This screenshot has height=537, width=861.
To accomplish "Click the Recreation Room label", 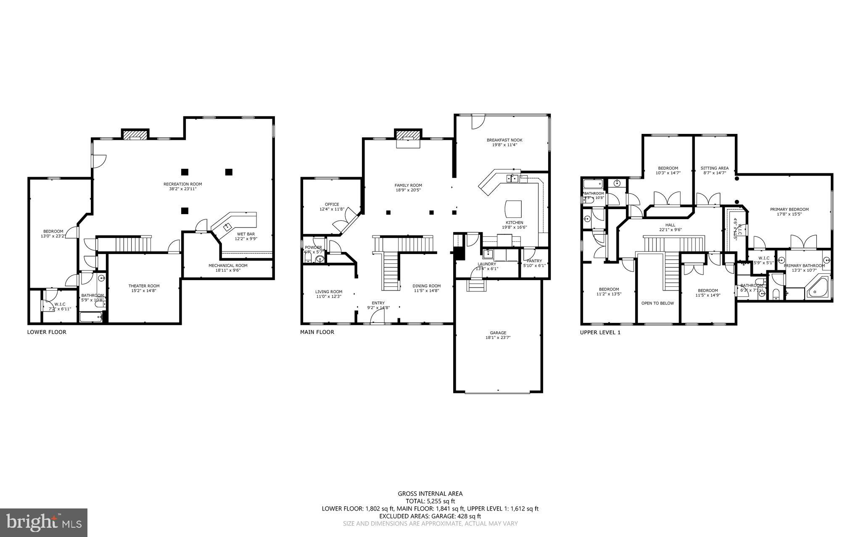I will [182, 184].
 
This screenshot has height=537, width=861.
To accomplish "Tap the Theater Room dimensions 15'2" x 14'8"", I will [144, 291].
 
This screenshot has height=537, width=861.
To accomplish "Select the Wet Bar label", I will [246, 234].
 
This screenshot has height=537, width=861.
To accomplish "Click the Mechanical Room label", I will [228, 265].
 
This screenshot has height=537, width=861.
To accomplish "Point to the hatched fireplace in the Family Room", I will [407, 135].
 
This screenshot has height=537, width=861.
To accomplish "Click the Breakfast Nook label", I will [504, 140].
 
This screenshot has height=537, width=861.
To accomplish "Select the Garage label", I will [498, 333].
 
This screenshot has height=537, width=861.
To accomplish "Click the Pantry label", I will [534, 261].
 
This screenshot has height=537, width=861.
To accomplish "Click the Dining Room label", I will [426, 286].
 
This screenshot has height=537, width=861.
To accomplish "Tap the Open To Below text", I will [657, 303].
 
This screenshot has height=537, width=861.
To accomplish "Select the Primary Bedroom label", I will [789, 209].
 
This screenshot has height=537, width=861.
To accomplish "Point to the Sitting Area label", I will [714, 168].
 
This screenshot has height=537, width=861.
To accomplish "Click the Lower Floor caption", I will [47, 332].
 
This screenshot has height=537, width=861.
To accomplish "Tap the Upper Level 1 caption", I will [600, 332].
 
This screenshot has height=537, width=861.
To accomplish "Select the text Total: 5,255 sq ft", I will [430, 501].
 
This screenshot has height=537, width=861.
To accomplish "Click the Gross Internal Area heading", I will [430, 494].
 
